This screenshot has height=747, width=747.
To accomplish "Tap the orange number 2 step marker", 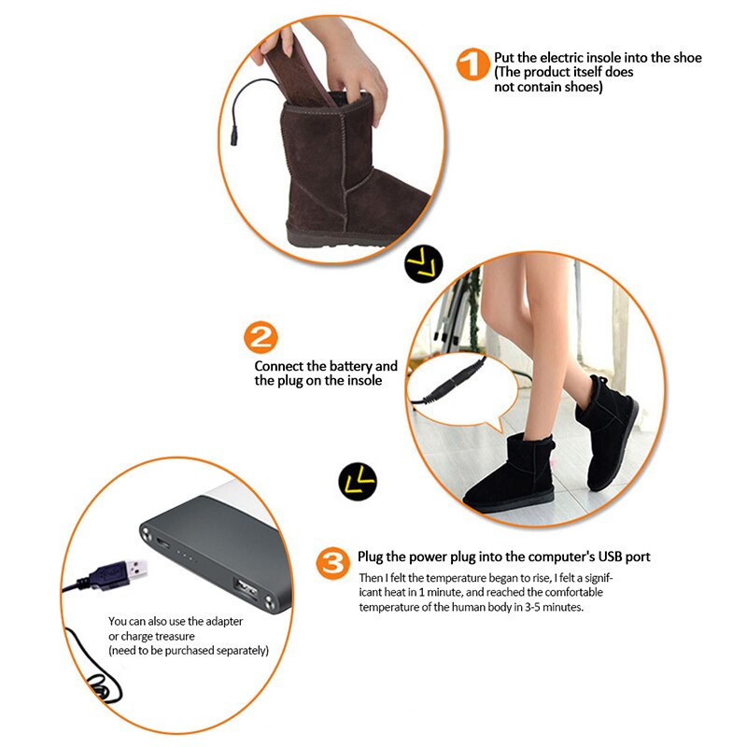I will coord(261,337).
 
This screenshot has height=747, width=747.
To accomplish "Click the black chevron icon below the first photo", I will coord(423,265).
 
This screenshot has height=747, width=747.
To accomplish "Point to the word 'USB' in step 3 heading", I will coord(601,557).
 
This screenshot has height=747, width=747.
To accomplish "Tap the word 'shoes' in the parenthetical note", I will coord(581,88).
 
